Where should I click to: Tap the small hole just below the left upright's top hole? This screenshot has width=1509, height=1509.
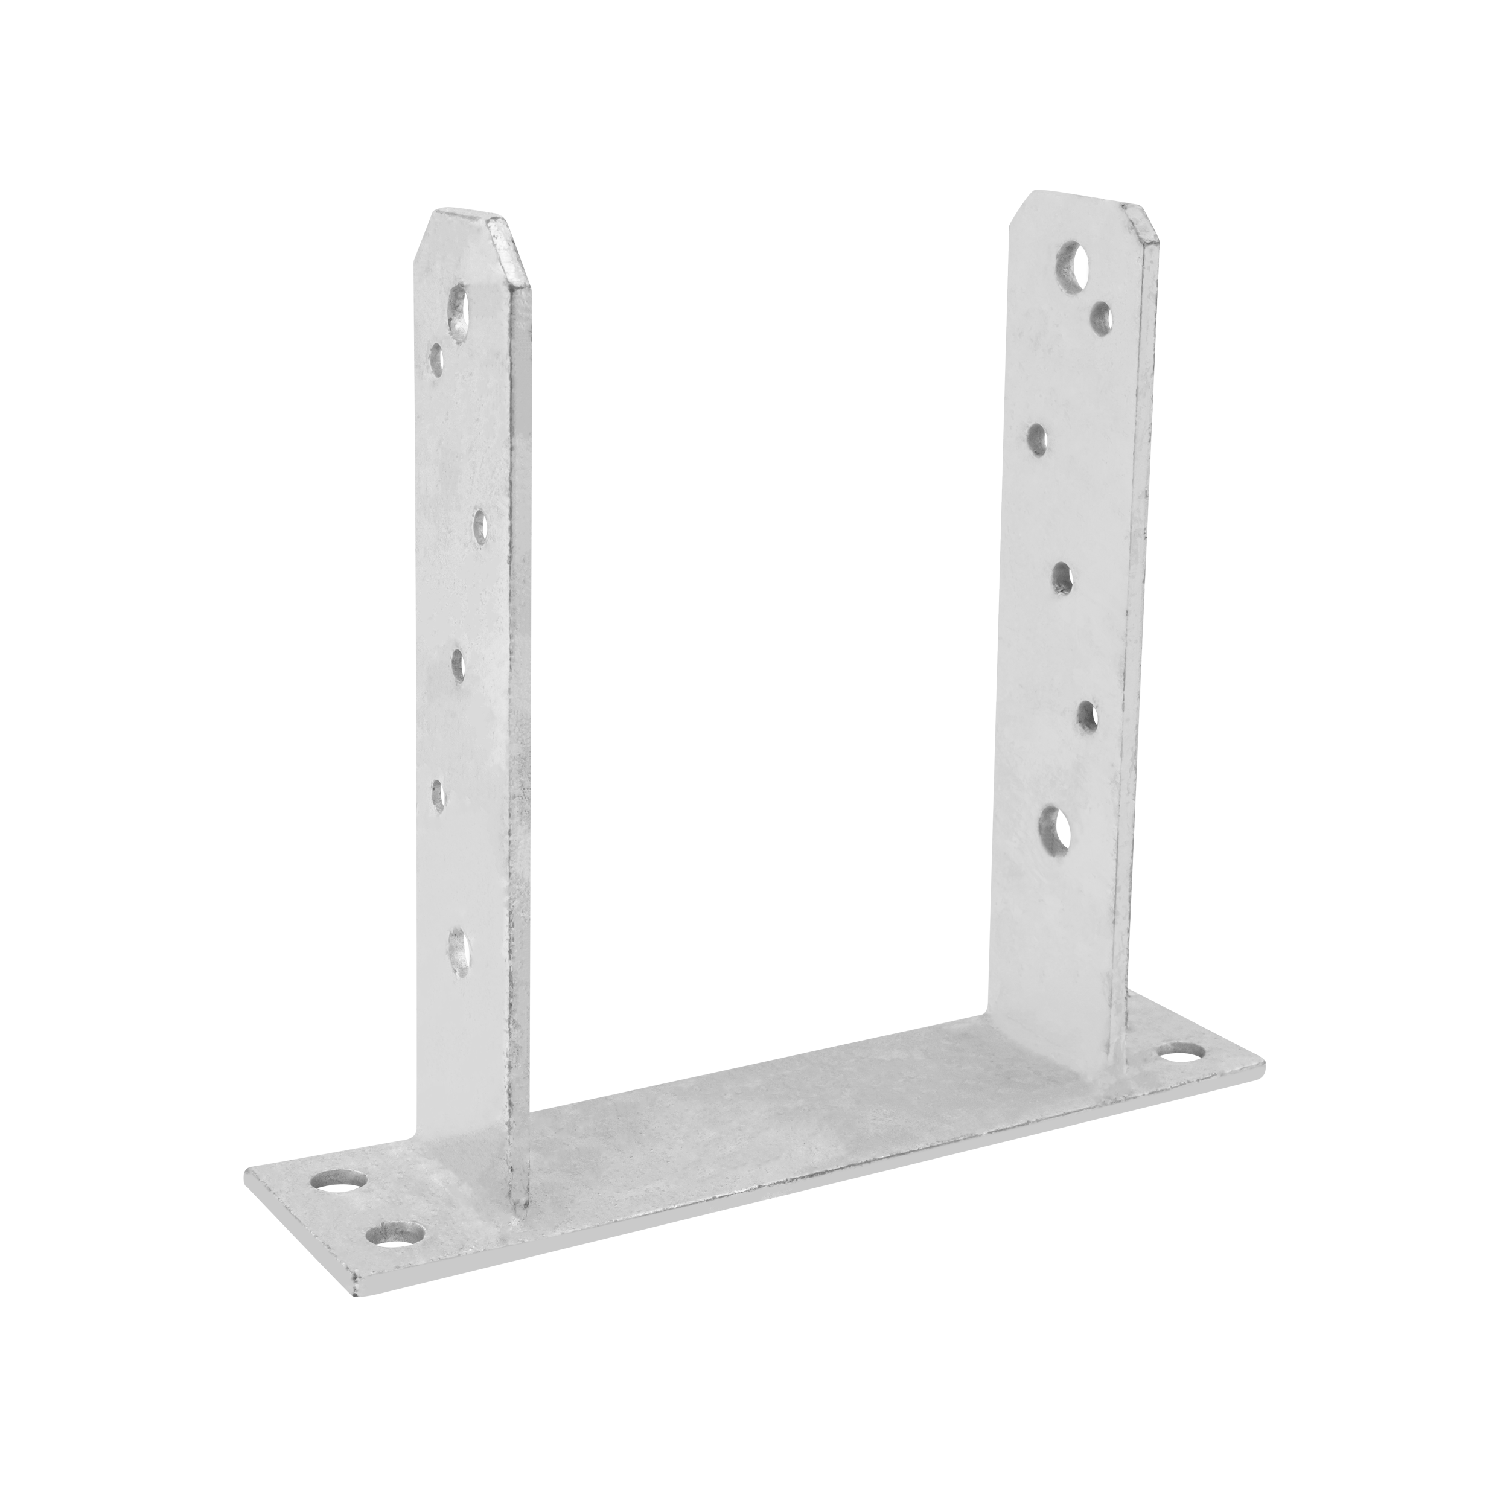436,359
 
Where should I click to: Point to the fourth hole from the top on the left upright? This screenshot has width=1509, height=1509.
458,664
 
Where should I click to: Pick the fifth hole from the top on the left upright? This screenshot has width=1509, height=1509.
438,797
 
